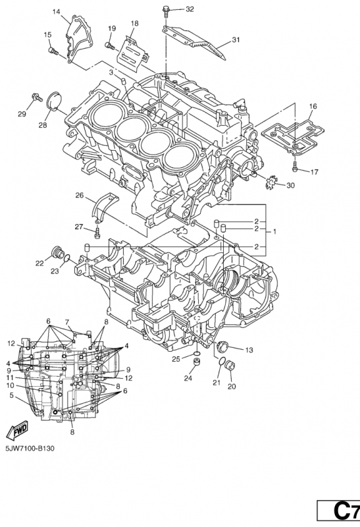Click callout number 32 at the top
point(171,9)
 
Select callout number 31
point(236,40)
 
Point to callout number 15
point(47,34)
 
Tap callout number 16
point(313,106)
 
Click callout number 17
point(315,172)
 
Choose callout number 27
point(78,227)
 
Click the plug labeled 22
point(57,254)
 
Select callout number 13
point(249,349)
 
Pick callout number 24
point(188,379)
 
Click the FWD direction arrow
point(14,431)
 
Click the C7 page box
point(338,511)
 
